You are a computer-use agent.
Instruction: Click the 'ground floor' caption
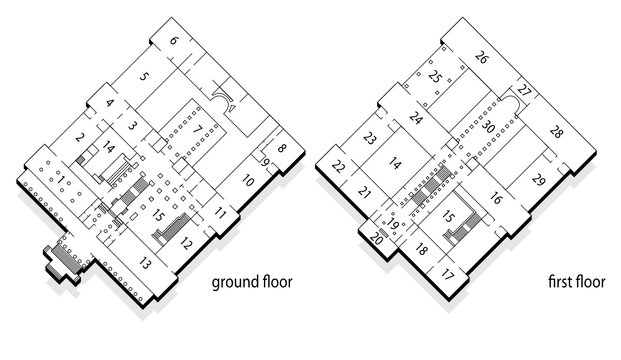pyautogui.click(x=252, y=282)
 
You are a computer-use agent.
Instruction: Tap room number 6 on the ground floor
pyautogui.click(x=173, y=41)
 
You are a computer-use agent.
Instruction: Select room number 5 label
pyautogui.click(x=144, y=75)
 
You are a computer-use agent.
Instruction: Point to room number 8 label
pyautogui.click(x=282, y=149)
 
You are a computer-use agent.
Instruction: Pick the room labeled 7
pyautogui.click(x=199, y=127)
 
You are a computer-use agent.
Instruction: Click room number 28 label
pyautogui.click(x=556, y=133)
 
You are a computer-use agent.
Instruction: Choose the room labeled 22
pyautogui.click(x=339, y=167)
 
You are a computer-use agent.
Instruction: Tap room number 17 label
pyautogui.click(x=447, y=272)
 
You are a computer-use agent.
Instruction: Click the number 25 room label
pyautogui.click(x=434, y=75)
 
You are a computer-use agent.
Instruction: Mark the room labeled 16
pyautogui.click(x=495, y=200)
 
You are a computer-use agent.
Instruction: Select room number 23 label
pyautogui.click(x=370, y=138)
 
